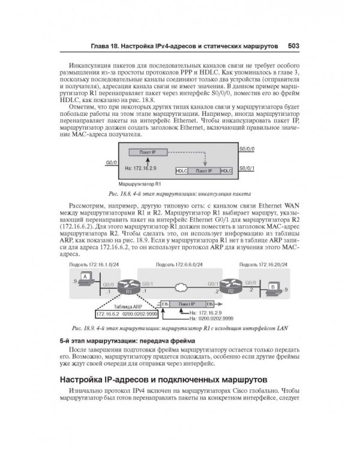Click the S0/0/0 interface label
246,148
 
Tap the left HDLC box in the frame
182,171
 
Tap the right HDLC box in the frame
226,171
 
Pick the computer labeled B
272,287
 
